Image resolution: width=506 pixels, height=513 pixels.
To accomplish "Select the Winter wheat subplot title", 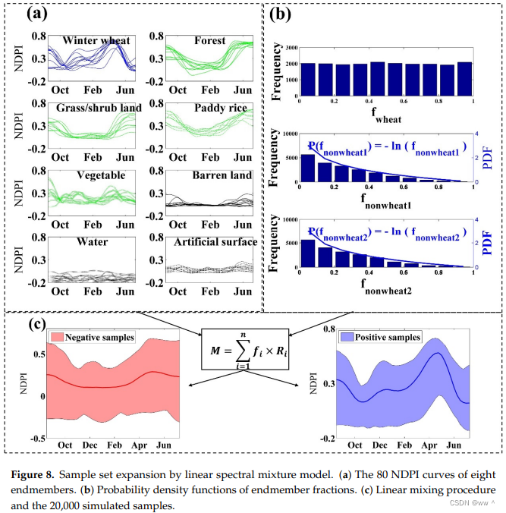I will (x=96, y=40).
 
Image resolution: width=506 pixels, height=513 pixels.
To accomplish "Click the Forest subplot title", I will (x=209, y=40).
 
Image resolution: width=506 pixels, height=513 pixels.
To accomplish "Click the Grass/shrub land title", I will (x=95, y=109).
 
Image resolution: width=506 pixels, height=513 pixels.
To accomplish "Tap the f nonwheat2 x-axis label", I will (x=386, y=289).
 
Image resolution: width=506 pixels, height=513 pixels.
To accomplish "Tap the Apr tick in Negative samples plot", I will (x=140, y=444).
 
